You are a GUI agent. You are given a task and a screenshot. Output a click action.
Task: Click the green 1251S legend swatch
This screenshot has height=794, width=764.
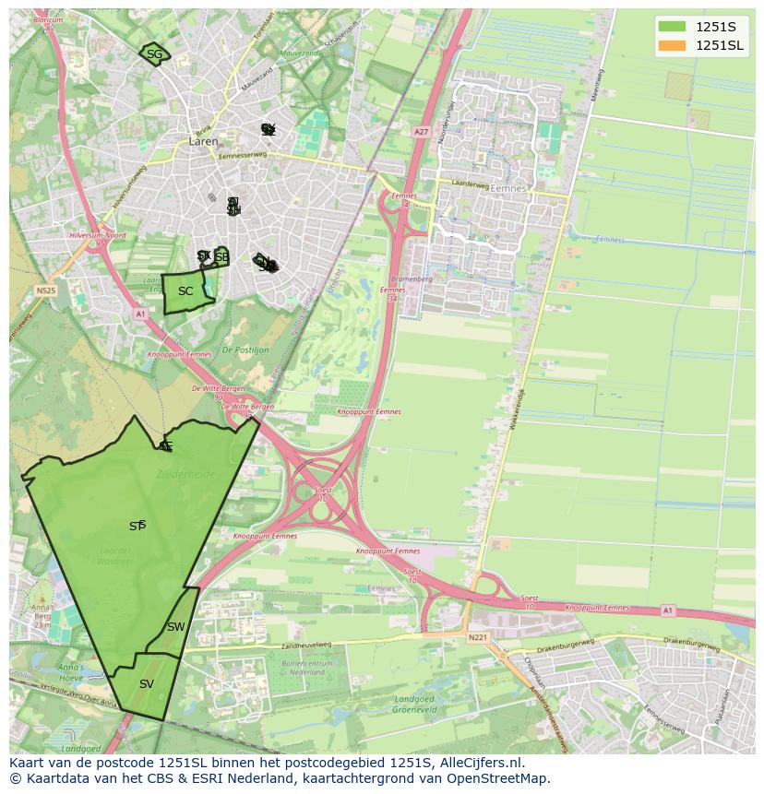pos(673,27)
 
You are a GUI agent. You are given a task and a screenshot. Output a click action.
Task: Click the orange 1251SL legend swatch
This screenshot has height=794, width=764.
pos(673,45)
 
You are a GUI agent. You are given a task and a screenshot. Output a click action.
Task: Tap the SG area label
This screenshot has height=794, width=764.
pos(154,54)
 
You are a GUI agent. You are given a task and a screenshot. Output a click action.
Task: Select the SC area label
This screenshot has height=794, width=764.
pos(185,291)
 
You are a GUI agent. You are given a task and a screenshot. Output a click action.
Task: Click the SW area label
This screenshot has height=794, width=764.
pos(176,627)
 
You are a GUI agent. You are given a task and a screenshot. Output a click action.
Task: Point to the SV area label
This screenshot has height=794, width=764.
pos(147,684)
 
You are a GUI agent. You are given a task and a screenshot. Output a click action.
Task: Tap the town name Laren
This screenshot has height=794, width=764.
pos(203,142)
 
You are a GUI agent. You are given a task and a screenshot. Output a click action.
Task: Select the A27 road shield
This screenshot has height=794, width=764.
pos(422,132)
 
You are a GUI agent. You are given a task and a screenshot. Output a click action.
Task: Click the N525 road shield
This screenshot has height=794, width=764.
pos(45,290)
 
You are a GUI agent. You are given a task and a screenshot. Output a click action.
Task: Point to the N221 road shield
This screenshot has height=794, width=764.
pos(477,637)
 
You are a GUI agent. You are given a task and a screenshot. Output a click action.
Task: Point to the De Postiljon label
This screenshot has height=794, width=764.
pos(245,350)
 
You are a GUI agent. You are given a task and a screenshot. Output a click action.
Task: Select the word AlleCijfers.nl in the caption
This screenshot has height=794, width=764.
pos(481,764)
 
